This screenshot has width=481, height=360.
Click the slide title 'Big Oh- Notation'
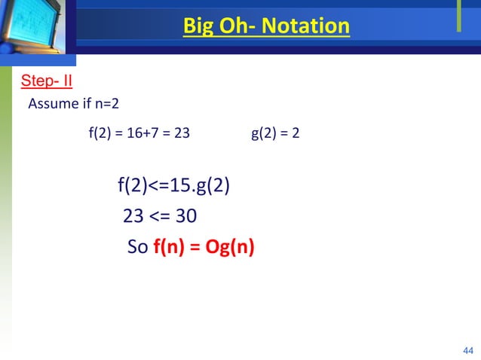pos(266,28)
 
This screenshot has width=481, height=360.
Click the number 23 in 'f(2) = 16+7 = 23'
pos(182,135)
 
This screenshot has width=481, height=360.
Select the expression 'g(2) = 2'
pos(274,135)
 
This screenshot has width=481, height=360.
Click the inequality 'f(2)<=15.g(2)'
pos(173,185)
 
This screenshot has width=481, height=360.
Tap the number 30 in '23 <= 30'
pos(185,217)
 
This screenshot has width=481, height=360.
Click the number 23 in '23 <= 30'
pos(133,217)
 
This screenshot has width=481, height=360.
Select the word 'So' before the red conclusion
pos(137,248)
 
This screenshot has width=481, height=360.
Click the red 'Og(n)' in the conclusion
pos(229,248)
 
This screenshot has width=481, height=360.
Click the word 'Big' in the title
pos(198,28)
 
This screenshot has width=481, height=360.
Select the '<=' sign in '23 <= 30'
pos(159,217)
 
